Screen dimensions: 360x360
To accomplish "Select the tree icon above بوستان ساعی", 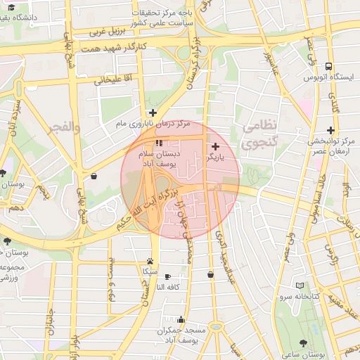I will [x=303, y=343].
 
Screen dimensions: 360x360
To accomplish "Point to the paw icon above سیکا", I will [x=150, y=260].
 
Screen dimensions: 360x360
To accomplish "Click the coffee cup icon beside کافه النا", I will [x=167, y=276].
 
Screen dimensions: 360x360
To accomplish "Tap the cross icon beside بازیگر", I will [x=215, y=147].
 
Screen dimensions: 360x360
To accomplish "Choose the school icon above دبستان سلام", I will [x=157, y=143].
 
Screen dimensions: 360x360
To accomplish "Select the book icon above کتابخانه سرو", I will [x=301, y=285].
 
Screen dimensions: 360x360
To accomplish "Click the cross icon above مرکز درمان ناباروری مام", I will [x=152, y=112].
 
